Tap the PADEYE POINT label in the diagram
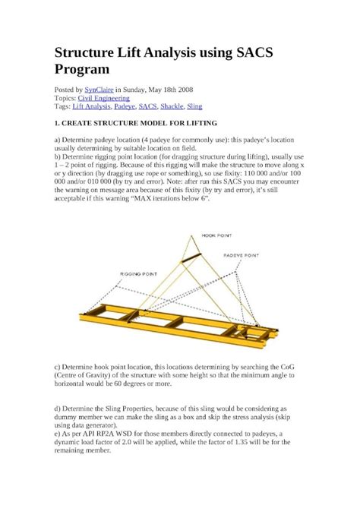click(x=254, y=256)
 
